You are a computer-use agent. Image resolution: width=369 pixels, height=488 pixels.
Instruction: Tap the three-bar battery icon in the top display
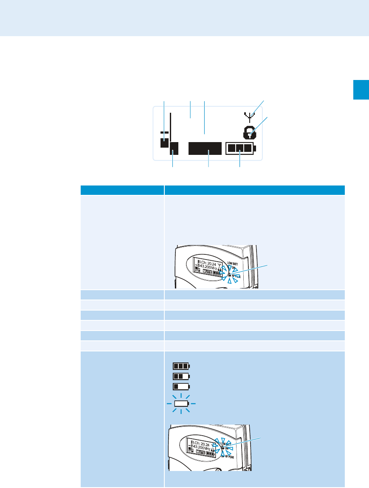240,148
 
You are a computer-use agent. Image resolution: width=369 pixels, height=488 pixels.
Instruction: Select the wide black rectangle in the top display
206,148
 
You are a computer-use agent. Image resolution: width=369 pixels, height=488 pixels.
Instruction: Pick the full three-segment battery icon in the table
181,366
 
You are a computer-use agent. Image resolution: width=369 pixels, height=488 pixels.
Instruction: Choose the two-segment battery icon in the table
181,376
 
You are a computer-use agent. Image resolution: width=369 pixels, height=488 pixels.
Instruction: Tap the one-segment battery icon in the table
181,386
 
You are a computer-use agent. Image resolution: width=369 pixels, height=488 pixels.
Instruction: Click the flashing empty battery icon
181,403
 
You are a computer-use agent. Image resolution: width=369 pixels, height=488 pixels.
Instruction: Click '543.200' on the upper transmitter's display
207,269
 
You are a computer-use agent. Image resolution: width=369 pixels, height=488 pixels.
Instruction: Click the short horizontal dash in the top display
164,133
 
